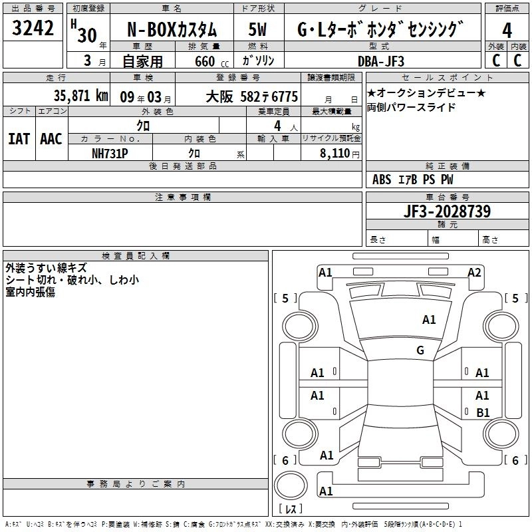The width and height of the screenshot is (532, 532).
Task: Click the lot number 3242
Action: click(x=33, y=28)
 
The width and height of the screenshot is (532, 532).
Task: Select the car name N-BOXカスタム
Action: click(x=172, y=30)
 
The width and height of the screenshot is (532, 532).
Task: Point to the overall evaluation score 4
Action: click(x=507, y=29)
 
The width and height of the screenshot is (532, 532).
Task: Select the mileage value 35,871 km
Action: click(x=80, y=96)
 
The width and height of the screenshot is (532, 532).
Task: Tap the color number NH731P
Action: click(x=110, y=153)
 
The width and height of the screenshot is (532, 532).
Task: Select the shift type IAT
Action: click(x=18, y=139)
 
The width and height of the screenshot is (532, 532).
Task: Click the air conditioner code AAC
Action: click(x=51, y=139)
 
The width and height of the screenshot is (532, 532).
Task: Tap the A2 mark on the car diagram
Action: click(x=474, y=272)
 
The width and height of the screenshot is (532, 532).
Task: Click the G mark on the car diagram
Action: click(x=420, y=350)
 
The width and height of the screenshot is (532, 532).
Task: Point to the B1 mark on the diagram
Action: click(x=483, y=412)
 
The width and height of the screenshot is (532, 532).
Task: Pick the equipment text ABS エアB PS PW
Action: click(x=413, y=180)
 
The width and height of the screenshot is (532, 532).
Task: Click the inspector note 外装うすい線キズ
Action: click(x=46, y=268)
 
